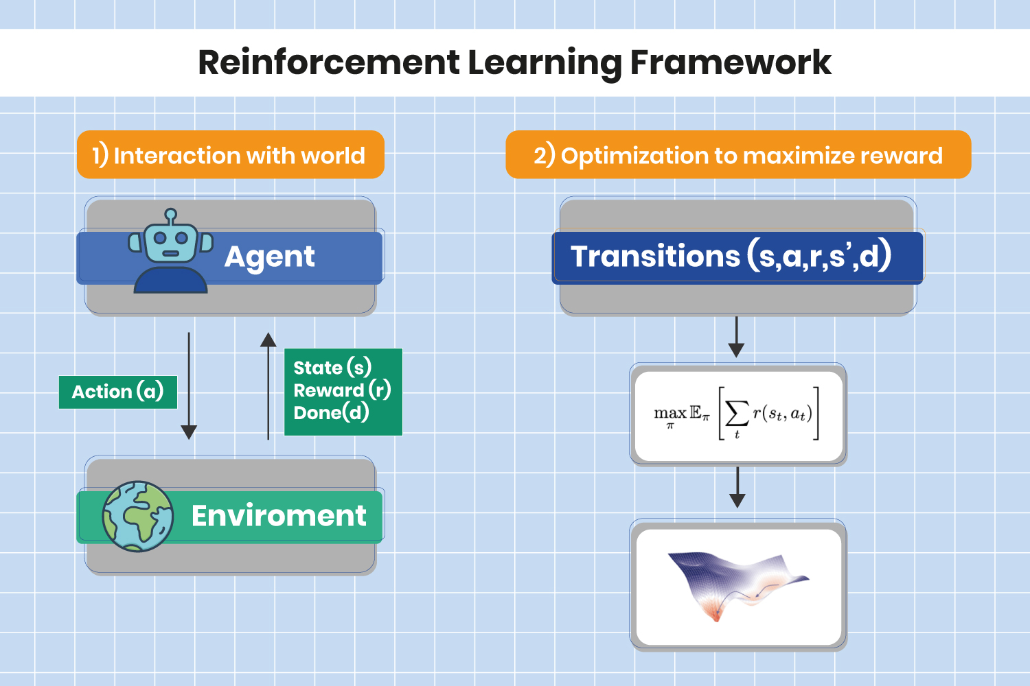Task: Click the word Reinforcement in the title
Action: coord(328,62)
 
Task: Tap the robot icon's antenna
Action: coord(171,217)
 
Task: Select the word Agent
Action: coord(269,257)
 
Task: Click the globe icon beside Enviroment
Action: coord(137,517)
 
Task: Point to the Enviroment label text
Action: coord(278,516)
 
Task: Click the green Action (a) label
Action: coord(117,392)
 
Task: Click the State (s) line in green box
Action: coord(332,368)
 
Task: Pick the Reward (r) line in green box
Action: coord(342,390)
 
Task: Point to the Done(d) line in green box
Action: coord(331,413)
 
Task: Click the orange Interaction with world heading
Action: coord(231,156)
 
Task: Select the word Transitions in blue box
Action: coord(655,257)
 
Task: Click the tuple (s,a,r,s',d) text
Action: coord(819,257)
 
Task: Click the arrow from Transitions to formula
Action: coord(736,337)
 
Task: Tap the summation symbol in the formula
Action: coord(737,414)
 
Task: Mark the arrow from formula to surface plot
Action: coord(737,488)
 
